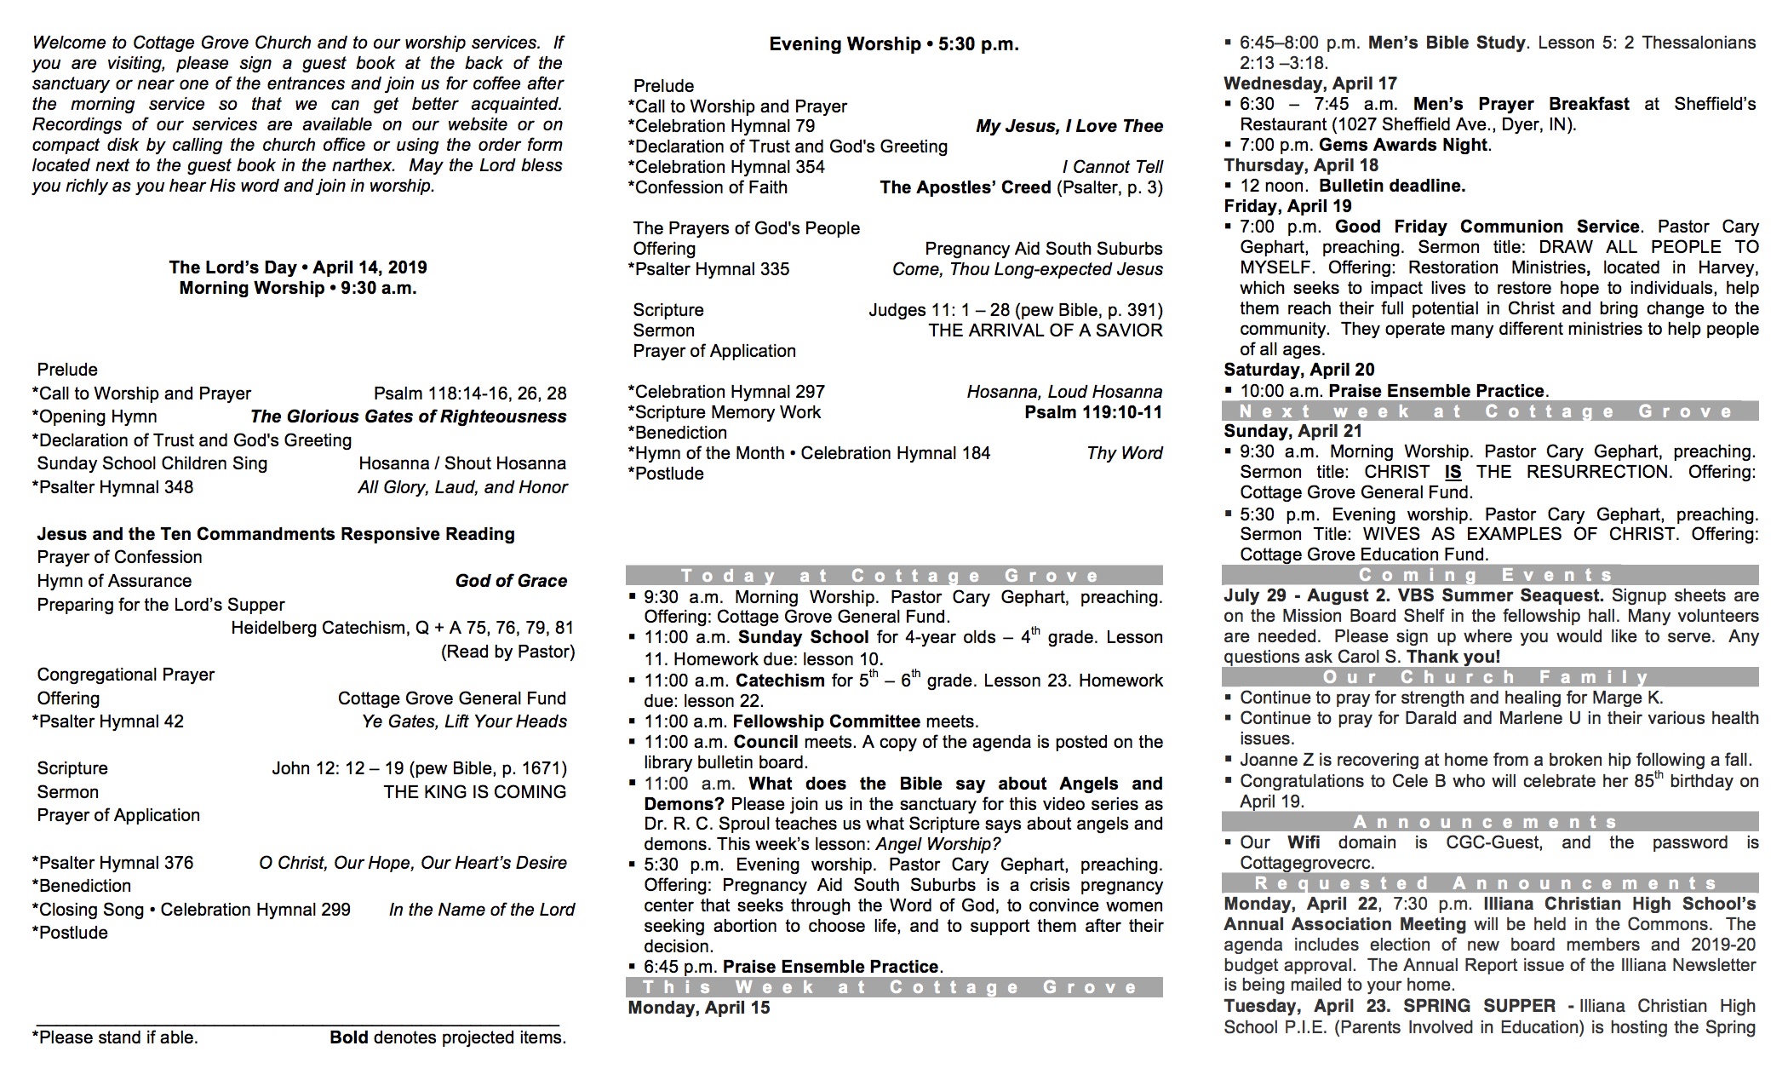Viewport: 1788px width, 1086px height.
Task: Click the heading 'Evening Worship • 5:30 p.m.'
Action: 894,44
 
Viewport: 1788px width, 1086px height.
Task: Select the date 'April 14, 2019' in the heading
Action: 370,267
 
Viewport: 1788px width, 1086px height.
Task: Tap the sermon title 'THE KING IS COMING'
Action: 474,792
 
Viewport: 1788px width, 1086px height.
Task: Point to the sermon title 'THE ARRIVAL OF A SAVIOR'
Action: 1045,330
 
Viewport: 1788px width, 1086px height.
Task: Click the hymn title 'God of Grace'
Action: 511,581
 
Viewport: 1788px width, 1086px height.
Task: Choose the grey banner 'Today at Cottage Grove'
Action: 894,576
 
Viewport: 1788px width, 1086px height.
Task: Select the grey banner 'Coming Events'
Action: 1490,575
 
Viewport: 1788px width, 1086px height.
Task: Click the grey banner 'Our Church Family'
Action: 1490,677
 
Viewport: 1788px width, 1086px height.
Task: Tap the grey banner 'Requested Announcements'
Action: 1490,883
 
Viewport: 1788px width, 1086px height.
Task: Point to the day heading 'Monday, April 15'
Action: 699,1008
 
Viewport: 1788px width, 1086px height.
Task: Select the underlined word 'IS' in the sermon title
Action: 1453,472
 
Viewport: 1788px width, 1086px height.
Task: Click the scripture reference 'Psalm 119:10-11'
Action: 1093,412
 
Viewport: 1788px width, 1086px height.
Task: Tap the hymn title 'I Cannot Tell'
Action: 1112,167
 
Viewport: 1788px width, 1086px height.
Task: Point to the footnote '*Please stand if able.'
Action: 115,1037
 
